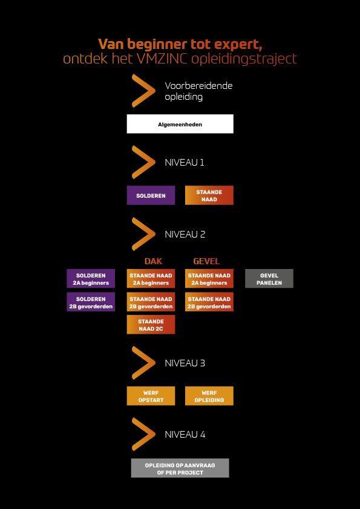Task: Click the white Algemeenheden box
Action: click(180, 124)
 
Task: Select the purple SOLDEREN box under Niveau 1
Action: click(151, 195)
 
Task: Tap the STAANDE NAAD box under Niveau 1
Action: click(209, 195)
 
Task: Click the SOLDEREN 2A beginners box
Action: click(91, 279)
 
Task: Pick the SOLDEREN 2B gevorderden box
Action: click(91, 302)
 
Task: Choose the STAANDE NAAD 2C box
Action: click(151, 325)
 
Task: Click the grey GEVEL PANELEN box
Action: click(269, 279)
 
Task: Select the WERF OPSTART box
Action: click(151, 396)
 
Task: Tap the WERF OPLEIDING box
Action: click(209, 396)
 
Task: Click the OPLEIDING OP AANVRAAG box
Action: click(180, 468)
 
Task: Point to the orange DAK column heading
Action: click(153, 261)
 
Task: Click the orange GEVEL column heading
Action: click(206, 261)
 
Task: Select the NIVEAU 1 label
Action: click(184, 162)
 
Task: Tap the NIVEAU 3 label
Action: click(185, 363)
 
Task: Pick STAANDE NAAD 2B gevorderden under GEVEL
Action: click(209, 302)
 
